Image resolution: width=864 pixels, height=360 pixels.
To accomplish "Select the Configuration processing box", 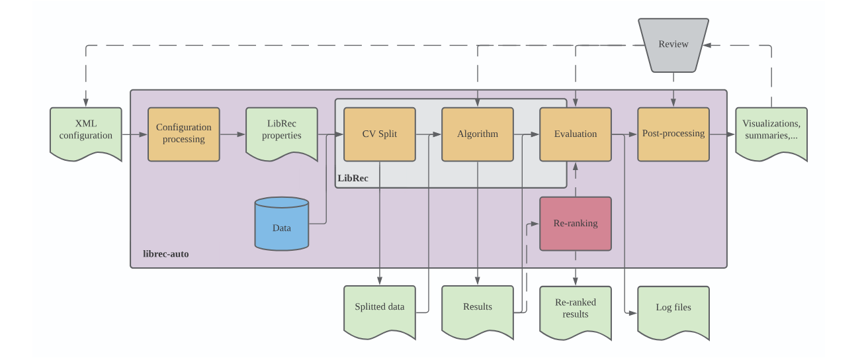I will click(x=184, y=134).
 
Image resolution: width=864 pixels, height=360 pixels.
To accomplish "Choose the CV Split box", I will click(x=380, y=134).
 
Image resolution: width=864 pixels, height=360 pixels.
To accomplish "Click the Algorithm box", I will click(x=478, y=134).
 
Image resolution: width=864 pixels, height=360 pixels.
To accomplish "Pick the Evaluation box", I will click(x=576, y=134).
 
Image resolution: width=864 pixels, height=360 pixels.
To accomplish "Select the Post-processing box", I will click(x=673, y=134).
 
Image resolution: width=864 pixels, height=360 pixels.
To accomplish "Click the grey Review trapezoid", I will click(x=673, y=44).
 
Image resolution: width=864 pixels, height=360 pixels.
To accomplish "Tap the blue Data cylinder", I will click(x=282, y=225).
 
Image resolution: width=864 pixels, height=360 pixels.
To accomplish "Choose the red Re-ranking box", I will click(x=576, y=224).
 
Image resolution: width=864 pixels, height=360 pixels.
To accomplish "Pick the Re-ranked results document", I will click(x=576, y=310).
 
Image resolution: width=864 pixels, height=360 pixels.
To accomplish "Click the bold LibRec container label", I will click(x=353, y=178).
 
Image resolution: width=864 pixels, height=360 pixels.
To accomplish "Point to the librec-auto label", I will click(x=166, y=254).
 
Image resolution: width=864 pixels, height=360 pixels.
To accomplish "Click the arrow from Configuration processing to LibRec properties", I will click(x=232, y=134).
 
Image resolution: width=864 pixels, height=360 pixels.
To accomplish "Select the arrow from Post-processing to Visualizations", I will click(x=722, y=134).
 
